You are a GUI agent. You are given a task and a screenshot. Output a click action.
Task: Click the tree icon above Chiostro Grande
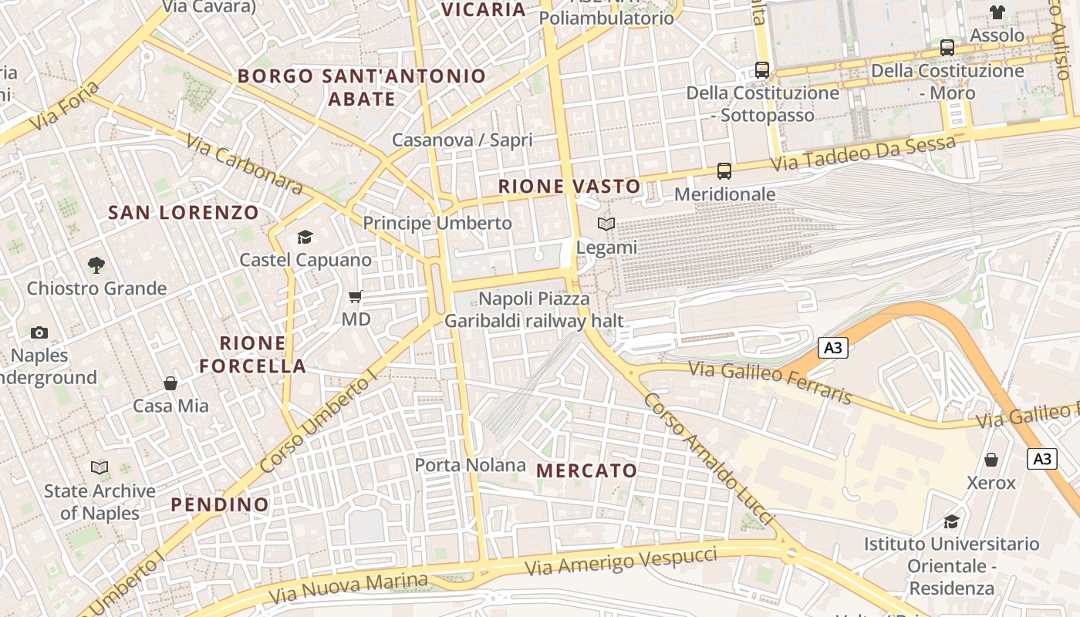96,265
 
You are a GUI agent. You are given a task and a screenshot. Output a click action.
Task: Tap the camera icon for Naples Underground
39,332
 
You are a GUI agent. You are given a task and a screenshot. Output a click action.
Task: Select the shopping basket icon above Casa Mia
170,383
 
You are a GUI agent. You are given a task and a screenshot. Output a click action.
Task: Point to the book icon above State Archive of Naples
100,467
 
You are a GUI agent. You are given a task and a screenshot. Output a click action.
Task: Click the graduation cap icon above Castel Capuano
305,237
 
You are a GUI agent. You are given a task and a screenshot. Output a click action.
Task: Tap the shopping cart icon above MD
356,296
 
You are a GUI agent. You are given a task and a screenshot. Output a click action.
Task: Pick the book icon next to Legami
607,224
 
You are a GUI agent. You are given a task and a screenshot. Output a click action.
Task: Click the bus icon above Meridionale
724,170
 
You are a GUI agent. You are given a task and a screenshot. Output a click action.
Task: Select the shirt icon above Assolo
997,12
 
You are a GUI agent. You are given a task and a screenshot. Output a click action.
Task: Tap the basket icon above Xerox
991,460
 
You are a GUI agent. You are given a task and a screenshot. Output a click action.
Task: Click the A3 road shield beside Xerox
1041,459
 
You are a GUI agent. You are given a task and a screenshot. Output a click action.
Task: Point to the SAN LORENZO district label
184,213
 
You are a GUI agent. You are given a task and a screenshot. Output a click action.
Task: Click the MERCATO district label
587,470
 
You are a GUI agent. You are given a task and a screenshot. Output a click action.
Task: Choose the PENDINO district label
220,505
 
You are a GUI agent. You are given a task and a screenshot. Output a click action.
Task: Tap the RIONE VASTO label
569,186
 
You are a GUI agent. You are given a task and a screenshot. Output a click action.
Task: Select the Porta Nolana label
471,465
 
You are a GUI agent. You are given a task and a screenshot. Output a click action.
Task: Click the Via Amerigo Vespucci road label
621,562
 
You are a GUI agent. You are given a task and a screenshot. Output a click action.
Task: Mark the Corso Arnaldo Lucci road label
708,460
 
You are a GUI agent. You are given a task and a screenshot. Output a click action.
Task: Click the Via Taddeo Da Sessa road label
864,154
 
